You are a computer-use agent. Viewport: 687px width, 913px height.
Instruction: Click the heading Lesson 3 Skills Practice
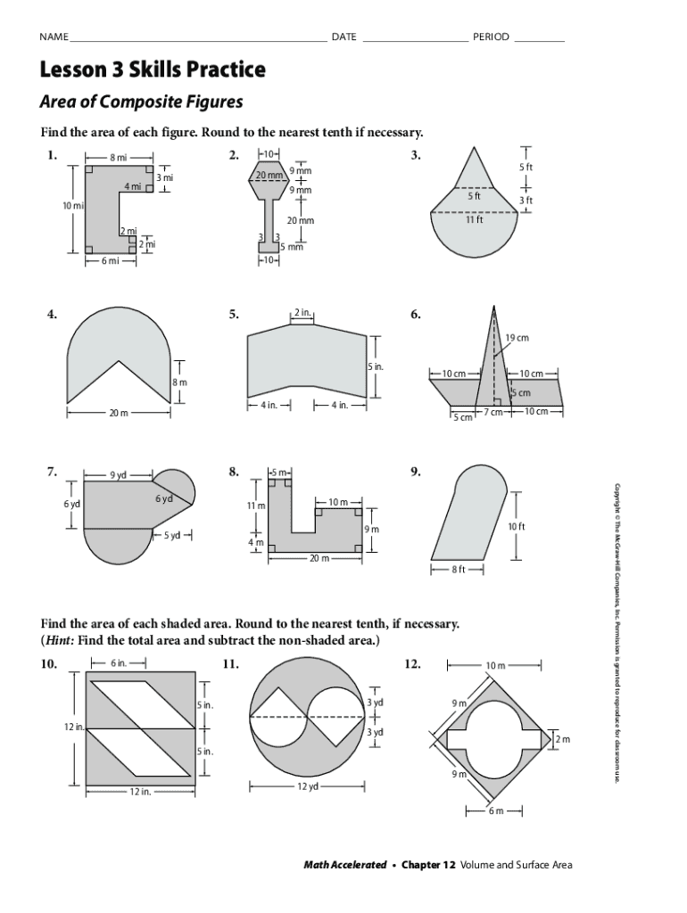152,69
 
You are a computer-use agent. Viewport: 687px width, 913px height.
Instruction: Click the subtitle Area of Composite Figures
141,102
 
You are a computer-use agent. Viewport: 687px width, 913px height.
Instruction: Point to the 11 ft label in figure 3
474,219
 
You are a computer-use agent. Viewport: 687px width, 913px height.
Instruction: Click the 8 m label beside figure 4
179,382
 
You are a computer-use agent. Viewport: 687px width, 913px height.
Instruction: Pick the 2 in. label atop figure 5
302,313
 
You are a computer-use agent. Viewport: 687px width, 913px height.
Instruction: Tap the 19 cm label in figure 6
517,338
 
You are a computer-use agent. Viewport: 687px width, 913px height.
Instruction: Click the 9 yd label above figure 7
118,474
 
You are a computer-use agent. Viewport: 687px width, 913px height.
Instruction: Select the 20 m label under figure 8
319,558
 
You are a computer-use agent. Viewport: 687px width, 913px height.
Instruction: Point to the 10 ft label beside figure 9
517,527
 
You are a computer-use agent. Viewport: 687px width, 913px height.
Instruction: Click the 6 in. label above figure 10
119,663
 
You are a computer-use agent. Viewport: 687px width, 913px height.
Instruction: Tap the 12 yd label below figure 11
309,786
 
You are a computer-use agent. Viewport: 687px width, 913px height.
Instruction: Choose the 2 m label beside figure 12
562,740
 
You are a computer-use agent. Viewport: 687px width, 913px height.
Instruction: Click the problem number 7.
53,471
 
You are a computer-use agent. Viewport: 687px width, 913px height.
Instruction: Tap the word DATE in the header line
343,37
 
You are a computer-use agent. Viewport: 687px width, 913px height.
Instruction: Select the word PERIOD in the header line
491,37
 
